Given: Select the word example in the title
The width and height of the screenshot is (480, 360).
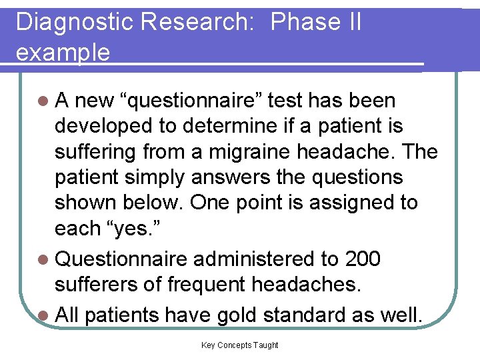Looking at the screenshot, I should coord(63,53).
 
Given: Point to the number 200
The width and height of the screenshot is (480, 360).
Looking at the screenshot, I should coord(363,259).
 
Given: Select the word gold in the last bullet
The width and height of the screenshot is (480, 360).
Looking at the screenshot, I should coord(243,315).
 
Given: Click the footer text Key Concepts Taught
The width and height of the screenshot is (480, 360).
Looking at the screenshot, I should coord(239,345).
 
